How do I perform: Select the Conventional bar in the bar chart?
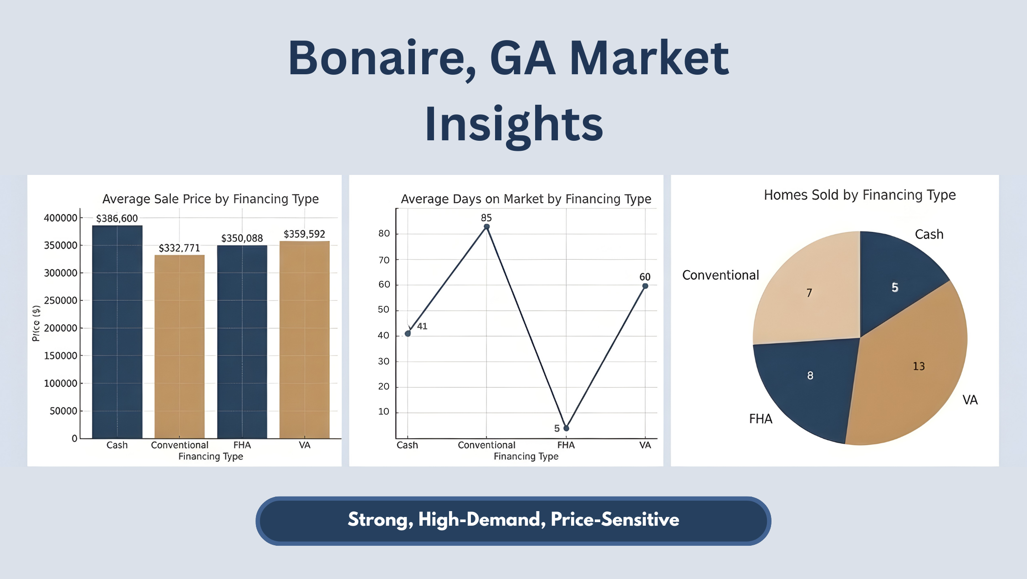(x=179, y=346)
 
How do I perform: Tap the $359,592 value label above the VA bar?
(x=304, y=234)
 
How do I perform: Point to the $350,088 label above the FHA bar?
(x=242, y=238)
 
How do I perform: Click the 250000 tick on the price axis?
(x=61, y=301)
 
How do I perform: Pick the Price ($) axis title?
(x=36, y=323)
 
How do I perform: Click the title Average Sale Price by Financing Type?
(x=210, y=199)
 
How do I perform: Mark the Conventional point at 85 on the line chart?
(x=486, y=227)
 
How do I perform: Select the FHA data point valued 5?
(x=566, y=428)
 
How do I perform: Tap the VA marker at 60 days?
(x=645, y=286)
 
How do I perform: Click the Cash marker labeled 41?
(x=408, y=333)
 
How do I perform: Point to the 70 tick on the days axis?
(x=384, y=260)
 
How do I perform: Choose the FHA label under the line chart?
(x=566, y=445)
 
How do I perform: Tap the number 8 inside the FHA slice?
(x=810, y=375)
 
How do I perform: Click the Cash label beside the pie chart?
(x=929, y=234)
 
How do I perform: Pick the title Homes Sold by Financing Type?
(x=859, y=195)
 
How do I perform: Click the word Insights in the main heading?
(x=514, y=124)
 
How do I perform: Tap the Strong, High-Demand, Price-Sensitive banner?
(x=513, y=520)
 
